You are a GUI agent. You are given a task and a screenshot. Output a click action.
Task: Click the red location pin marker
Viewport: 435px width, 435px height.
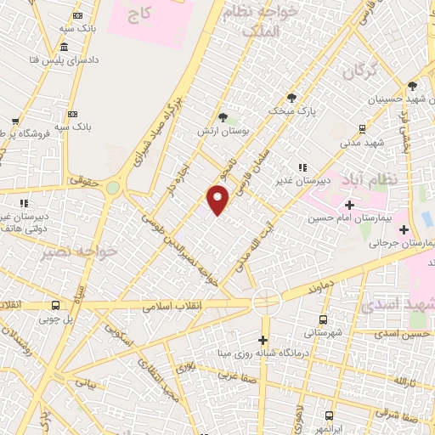218,201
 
